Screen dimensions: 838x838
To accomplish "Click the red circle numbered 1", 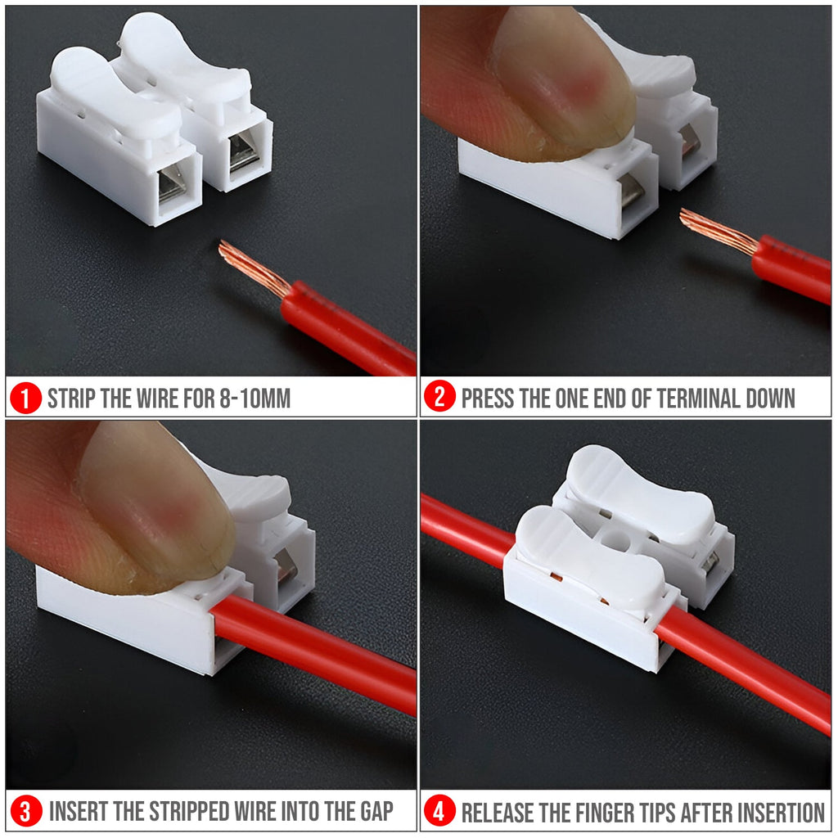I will [x=26, y=399].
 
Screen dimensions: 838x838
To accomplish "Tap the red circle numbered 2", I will [x=440, y=399].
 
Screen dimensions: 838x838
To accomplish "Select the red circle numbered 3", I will [x=26, y=812].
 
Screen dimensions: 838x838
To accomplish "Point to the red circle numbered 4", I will [x=440, y=812].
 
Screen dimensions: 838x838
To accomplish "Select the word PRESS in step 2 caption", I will [x=488, y=399].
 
